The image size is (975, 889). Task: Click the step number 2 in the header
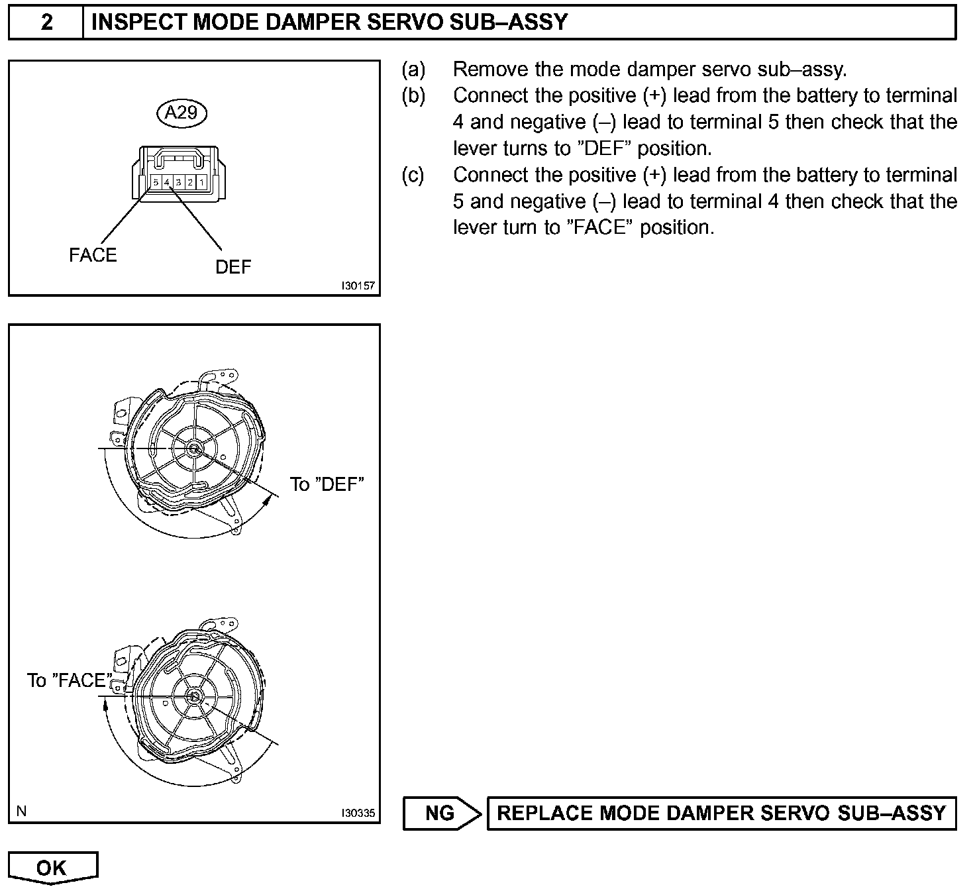click(x=46, y=23)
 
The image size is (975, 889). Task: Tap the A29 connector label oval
click(x=181, y=113)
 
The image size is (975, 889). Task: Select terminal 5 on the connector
click(x=156, y=182)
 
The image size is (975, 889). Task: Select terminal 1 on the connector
click(x=201, y=182)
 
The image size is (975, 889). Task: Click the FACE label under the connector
click(x=93, y=256)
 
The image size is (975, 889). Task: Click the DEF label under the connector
click(x=233, y=267)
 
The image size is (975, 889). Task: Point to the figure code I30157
click(x=358, y=286)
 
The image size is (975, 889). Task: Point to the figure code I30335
click(x=358, y=813)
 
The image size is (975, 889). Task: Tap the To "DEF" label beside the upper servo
click(x=327, y=484)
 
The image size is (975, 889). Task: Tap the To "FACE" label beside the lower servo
click(x=68, y=680)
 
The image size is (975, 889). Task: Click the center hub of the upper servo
click(x=194, y=448)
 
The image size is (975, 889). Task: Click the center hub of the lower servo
click(x=193, y=696)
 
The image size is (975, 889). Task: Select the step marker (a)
click(x=413, y=69)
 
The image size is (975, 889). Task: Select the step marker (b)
click(x=413, y=95)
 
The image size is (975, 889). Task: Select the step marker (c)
click(x=413, y=175)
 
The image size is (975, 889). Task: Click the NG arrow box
click(x=440, y=813)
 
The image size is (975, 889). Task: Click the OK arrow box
click(x=52, y=868)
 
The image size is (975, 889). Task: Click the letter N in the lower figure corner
click(x=21, y=811)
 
